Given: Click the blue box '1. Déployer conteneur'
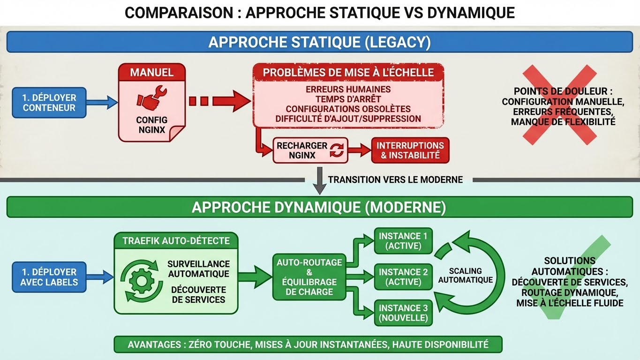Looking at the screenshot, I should coord(49,103).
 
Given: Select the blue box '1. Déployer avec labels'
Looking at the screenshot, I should coord(49,277).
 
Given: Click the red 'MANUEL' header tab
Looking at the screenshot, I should coord(151,73).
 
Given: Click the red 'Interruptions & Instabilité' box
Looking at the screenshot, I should coord(410,150).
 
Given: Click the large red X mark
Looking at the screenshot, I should coord(557,104).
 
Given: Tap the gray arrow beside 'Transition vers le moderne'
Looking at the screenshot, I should coord(319,183).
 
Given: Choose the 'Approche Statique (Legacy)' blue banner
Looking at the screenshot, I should coord(319,42).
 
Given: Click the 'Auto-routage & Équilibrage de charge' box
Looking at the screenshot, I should coord(309,277).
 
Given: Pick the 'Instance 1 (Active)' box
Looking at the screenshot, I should coord(403,241).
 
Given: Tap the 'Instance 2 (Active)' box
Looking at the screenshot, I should coord(403,277).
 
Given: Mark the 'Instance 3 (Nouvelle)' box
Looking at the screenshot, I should coord(403,313).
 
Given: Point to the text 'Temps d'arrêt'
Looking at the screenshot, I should coord(348,99).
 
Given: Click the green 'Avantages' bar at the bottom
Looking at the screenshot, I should coord(308,345).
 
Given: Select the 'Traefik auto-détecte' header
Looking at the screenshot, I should coord(176,241).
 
